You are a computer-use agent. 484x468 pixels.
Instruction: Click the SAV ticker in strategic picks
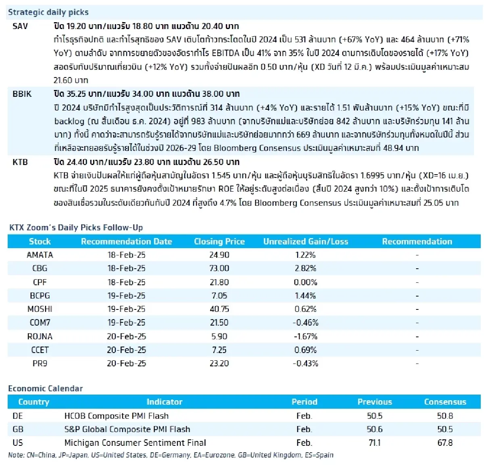tap(20, 27)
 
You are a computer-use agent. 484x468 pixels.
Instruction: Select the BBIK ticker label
tap(22, 94)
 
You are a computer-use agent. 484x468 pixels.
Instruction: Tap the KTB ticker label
tap(20, 162)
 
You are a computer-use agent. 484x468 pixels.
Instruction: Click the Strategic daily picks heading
tap(48, 12)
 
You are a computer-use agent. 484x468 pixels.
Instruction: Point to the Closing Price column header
tap(219, 242)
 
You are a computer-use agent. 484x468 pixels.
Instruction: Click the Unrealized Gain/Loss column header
tap(306, 242)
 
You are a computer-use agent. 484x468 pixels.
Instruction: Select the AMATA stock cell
tap(40, 255)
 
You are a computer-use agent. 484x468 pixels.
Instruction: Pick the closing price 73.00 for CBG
tap(219, 268)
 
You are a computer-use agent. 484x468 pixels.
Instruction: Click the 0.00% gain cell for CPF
tap(305, 282)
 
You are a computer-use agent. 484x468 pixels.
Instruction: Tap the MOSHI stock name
tap(40, 309)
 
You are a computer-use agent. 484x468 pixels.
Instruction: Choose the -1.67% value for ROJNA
tap(305, 336)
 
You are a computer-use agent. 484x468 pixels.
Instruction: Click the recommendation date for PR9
tap(126, 364)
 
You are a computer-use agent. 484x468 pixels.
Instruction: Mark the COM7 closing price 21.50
tap(219, 323)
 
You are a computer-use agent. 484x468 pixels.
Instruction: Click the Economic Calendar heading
tap(46, 389)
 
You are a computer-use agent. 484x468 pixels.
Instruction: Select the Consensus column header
tap(445, 402)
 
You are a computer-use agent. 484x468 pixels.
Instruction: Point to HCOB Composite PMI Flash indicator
tap(117, 416)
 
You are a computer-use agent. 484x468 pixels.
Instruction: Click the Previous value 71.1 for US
tap(375, 443)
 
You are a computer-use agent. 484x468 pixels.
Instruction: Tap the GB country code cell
tap(18, 429)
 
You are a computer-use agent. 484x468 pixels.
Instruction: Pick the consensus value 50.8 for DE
tap(445, 416)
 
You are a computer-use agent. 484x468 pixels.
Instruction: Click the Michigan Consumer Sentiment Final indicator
tap(135, 443)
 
